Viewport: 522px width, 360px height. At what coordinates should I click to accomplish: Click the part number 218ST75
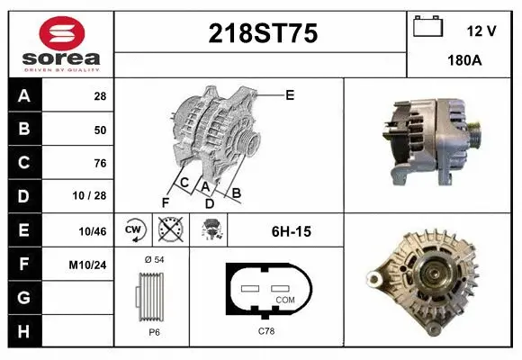coord(262,34)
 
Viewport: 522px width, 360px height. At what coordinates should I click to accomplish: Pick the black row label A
coord(23,96)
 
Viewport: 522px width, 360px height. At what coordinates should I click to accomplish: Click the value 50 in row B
coord(100,130)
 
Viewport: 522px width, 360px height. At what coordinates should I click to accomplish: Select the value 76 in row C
coord(100,164)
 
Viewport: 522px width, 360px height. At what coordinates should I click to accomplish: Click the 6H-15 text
coord(291,232)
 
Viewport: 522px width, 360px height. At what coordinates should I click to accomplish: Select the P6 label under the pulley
coord(154,331)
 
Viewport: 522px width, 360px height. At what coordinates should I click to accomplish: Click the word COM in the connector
coord(284,298)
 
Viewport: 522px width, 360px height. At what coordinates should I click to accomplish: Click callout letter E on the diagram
coord(290,94)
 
